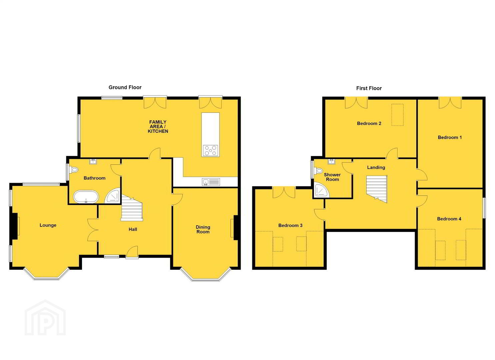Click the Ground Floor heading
(x=125, y=87)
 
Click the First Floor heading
(x=369, y=88)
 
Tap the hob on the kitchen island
(x=210, y=150)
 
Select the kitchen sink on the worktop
(x=211, y=182)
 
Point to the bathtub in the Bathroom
(x=86, y=196)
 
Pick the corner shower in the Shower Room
(x=322, y=190)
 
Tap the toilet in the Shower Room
(x=319, y=171)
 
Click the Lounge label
(x=48, y=225)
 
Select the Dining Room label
(x=203, y=229)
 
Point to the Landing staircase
(x=377, y=189)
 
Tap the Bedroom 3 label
(x=290, y=225)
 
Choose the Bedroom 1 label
(x=449, y=137)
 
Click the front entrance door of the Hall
(x=132, y=252)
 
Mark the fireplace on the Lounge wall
(x=15, y=226)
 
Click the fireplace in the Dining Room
(x=234, y=228)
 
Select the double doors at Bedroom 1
(x=450, y=103)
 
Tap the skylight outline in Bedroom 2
(x=397, y=115)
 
